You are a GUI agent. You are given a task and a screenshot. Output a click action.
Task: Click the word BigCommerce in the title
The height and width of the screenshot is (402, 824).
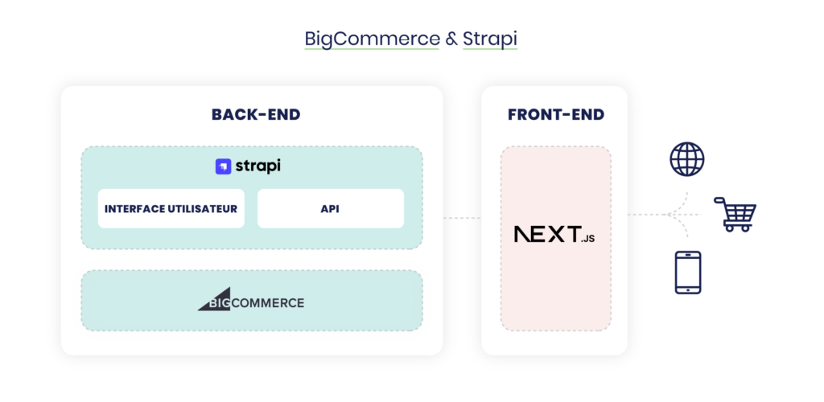[x=371, y=39]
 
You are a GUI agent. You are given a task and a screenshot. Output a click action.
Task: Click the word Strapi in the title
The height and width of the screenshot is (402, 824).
[x=489, y=39]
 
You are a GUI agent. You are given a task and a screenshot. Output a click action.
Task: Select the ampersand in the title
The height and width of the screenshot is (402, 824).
[x=451, y=39]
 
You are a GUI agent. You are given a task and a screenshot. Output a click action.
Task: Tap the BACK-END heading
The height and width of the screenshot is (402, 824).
[x=256, y=115]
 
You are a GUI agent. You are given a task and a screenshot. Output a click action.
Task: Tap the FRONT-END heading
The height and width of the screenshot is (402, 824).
[x=555, y=115]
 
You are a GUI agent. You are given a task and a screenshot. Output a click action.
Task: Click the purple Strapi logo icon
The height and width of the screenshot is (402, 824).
[x=223, y=166]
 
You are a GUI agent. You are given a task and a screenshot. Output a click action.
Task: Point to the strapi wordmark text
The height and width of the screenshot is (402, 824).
[x=258, y=166]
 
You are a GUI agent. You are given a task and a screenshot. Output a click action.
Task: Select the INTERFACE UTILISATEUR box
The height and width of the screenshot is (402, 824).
[x=171, y=209]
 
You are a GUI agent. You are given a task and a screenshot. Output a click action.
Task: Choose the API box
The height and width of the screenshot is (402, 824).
[x=330, y=209]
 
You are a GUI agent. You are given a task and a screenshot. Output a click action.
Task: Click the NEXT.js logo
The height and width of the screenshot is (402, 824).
[x=554, y=235]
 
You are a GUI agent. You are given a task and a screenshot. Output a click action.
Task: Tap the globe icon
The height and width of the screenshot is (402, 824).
[x=686, y=159]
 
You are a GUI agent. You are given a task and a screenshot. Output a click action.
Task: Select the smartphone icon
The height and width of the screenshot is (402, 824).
[x=687, y=273]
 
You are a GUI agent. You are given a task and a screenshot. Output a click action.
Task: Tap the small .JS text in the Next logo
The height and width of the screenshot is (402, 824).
[x=587, y=238]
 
